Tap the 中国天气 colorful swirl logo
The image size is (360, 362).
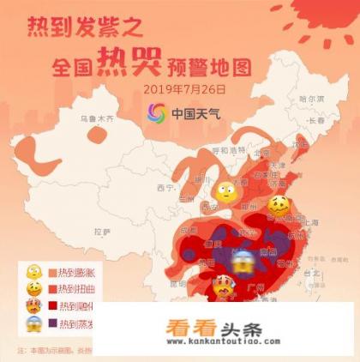point(159,113)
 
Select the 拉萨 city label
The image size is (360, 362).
point(102,230)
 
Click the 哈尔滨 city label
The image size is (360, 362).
point(312,99)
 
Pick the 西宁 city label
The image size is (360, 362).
point(165,187)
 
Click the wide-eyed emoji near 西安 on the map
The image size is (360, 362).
point(225,193)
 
